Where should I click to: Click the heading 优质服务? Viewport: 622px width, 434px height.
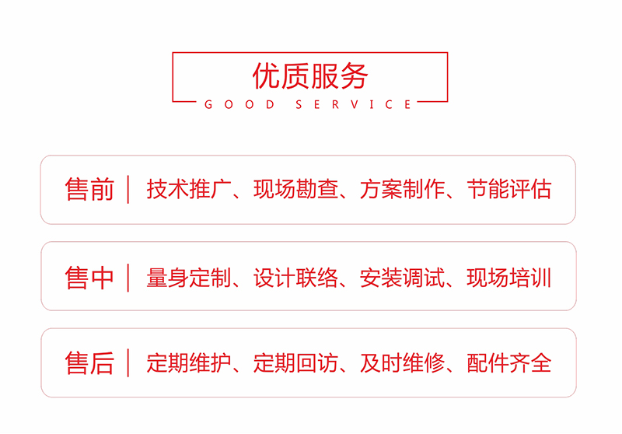click(309, 75)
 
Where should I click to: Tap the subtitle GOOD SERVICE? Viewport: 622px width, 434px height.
click(309, 104)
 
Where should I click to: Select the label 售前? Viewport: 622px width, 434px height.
click(89, 190)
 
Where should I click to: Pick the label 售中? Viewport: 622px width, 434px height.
click(89, 277)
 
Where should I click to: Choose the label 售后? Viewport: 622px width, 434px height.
click(89, 363)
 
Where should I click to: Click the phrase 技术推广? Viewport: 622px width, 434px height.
click(189, 190)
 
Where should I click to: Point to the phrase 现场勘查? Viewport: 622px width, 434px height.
click(295, 190)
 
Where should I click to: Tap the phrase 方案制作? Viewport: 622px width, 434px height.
click(402, 190)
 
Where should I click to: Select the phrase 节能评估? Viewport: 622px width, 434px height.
click(509, 190)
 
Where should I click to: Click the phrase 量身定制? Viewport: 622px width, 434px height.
click(189, 277)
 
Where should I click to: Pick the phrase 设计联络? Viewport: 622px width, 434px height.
click(295, 277)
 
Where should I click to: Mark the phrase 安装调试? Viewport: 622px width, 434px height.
click(402, 277)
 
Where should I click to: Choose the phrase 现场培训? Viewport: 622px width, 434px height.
click(509, 277)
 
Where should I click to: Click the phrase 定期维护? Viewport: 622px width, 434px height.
click(189, 363)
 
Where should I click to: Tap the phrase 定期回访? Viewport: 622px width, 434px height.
click(295, 363)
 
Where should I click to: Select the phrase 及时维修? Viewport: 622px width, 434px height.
click(402, 363)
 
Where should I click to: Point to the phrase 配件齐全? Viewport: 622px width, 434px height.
click(509, 363)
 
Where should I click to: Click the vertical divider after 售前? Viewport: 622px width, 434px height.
click(128, 190)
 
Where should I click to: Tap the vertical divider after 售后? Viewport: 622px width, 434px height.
click(128, 363)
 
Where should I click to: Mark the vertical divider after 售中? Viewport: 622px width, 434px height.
click(128, 277)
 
